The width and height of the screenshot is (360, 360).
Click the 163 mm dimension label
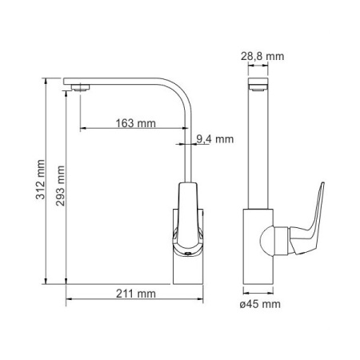click(x=135, y=123)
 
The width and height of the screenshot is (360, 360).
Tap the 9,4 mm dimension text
click(x=215, y=139)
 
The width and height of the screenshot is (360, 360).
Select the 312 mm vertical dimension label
click(x=41, y=179)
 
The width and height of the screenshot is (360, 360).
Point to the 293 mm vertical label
click(x=60, y=186)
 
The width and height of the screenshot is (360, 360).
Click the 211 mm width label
click(x=136, y=294)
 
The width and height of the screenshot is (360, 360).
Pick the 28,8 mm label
click(x=262, y=56)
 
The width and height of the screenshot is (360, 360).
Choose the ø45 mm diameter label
click(x=260, y=304)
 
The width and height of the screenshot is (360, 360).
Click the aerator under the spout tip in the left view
click(x=80, y=87)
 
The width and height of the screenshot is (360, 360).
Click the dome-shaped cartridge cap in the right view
click(x=266, y=241)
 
